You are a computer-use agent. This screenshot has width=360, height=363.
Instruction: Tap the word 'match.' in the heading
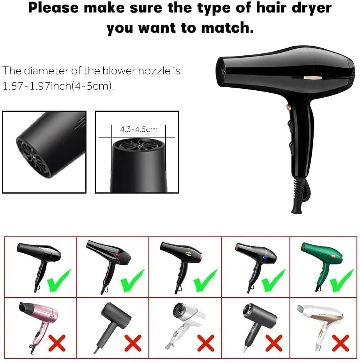[x=228, y=28]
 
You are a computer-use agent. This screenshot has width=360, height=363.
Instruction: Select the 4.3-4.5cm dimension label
[x=139, y=129]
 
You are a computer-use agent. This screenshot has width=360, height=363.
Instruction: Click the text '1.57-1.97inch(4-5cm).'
[x=58, y=86]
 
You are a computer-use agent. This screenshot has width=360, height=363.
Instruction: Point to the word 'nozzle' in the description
[x=153, y=71]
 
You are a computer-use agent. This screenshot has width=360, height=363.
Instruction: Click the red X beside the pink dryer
[x=57, y=343]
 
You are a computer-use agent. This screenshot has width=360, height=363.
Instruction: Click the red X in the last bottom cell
[x=340, y=343]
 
